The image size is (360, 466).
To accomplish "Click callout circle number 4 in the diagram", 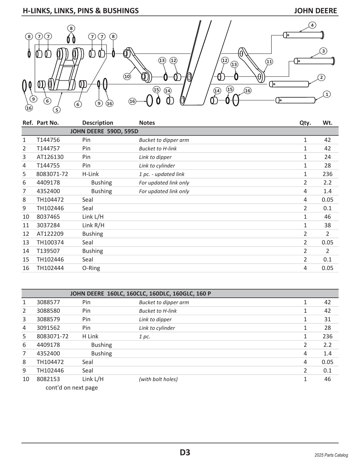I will tap(312, 25).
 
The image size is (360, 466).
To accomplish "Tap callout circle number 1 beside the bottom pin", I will tap(327, 94).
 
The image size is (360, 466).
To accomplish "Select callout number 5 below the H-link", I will tap(56, 110).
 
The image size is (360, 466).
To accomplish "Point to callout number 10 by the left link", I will tap(127, 76).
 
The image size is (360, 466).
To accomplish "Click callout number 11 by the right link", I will tap(269, 61).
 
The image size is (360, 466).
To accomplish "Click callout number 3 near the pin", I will tap(323, 51).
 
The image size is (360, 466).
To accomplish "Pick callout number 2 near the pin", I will tap(321, 77).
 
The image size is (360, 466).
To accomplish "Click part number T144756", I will tap(48, 140).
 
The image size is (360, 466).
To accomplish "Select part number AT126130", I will tap(50, 157).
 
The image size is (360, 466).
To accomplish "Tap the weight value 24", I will tap(327, 157).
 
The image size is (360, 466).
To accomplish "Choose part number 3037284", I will tap(48, 225).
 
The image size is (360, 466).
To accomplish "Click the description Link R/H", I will tap(93, 225).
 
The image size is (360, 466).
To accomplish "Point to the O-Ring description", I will tap(91, 268).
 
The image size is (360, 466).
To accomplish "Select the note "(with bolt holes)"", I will tap(158, 379).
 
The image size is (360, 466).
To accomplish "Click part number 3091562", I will tap(48, 328).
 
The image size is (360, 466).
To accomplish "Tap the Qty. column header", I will tap(305, 123).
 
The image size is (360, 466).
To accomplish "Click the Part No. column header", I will tap(48, 123).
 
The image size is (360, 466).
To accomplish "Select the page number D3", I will tap(185, 452).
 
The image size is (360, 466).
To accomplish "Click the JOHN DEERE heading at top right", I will tap(315, 11).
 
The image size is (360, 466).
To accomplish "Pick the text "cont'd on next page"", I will tap(71, 388).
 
